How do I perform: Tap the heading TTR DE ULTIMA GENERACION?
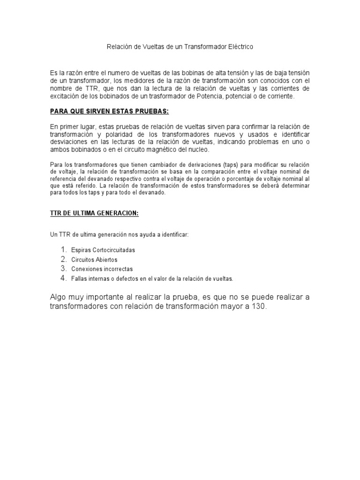pos(94,213)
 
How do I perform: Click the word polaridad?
pos(111,135)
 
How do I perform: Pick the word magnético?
pos(161,150)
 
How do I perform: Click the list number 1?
pos(64,250)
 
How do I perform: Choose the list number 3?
pos(64,269)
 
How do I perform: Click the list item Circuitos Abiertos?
pos(94,260)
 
